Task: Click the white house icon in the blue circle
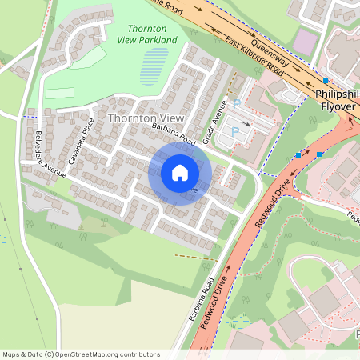click(180, 173)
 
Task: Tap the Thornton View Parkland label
click(146, 34)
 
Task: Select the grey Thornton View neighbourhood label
click(140, 118)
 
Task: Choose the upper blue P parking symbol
click(237, 103)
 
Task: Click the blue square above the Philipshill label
click(326, 81)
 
